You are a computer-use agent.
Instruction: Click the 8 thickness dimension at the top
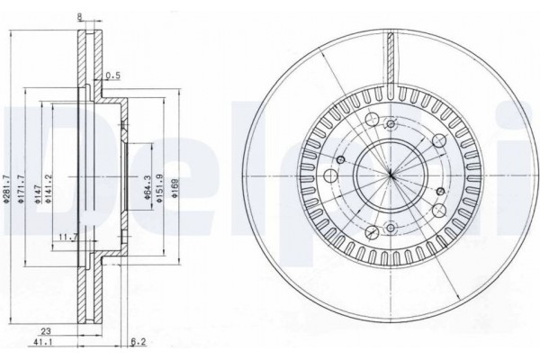point(80,15)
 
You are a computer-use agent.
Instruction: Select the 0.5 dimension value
point(112,76)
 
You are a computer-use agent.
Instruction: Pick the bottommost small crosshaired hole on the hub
point(391,226)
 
